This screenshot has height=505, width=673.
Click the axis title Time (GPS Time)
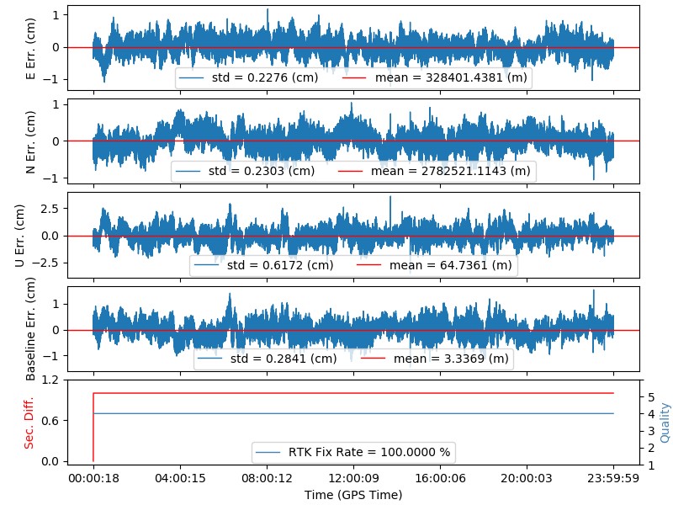pyautogui.click(x=353, y=495)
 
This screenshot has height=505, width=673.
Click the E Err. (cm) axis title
pyautogui.click(x=31, y=47)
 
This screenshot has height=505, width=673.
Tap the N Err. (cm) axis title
pyautogui.click(x=31, y=141)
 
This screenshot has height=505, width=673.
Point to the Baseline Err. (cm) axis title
pyautogui.click(x=31, y=329)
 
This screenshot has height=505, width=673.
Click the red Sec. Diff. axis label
pyautogui.click(x=29, y=420)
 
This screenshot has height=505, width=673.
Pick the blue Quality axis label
pyautogui.click(x=665, y=421)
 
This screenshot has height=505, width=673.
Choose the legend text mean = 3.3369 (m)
pyautogui.click(x=452, y=359)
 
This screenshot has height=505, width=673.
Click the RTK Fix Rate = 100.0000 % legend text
pyautogui.click(x=369, y=453)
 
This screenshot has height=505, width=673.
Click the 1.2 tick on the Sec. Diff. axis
pyautogui.click(x=50, y=380)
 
